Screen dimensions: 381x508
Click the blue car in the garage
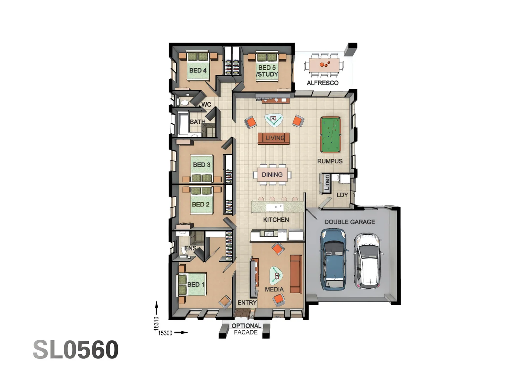point(333,259)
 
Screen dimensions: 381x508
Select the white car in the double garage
point(368,260)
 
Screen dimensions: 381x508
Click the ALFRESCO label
point(322,83)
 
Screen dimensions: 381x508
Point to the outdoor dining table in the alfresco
point(324,65)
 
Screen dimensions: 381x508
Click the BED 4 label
point(198,70)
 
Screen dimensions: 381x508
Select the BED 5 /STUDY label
point(267,71)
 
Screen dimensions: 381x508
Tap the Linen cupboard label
point(327,183)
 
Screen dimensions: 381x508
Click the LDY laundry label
point(342,195)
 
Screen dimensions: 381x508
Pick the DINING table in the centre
point(272,175)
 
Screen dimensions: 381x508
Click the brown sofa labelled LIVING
point(274,138)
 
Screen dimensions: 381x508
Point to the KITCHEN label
point(276,219)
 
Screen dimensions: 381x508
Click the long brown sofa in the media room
point(296,274)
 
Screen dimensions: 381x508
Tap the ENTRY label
point(247,302)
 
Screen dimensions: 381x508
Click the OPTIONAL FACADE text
point(246,329)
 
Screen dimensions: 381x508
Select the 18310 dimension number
point(156,323)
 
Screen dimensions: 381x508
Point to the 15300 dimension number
point(165,333)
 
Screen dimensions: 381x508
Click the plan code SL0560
point(76,350)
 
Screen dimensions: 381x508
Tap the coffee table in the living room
point(273,120)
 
